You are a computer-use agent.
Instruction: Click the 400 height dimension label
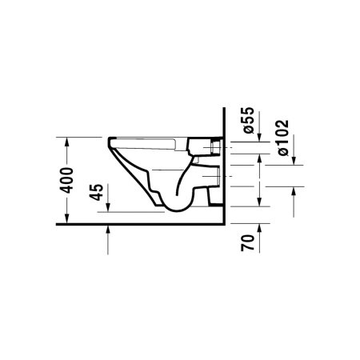[x=70, y=182]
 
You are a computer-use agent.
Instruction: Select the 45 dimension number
[x=96, y=194]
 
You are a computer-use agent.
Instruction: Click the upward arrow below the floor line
[x=108, y=233]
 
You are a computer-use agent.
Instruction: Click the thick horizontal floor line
[x=144, y=226]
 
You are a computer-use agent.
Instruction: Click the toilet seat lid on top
[x=152, y=140]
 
